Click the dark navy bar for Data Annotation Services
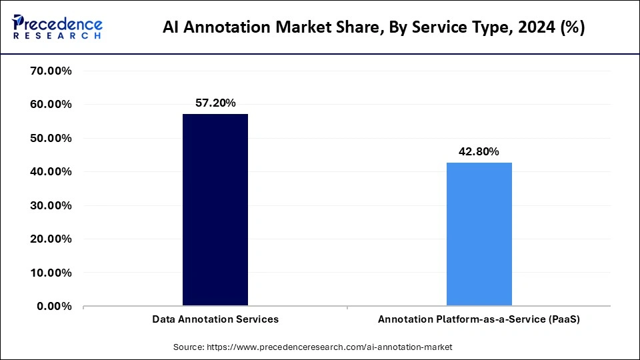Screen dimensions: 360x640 point(215,210)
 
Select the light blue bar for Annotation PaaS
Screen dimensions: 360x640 point(479,234)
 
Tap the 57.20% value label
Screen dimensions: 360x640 point(215,103)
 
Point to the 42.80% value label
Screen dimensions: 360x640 point(479,151)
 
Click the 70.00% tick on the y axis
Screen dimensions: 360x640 point(51,71)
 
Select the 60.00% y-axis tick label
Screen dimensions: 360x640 point(51,105)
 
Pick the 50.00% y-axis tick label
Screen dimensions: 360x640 point(51,138)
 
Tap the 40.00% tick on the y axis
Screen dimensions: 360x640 point(51,172)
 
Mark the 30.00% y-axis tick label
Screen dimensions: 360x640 point(51,205)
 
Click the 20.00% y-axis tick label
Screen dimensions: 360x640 point(51,239)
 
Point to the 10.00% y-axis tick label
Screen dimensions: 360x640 point(51,273)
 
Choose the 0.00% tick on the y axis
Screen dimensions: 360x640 point(55,306)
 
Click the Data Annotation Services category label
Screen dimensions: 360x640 point(215,319)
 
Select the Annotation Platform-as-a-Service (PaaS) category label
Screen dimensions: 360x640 point(479,319)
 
